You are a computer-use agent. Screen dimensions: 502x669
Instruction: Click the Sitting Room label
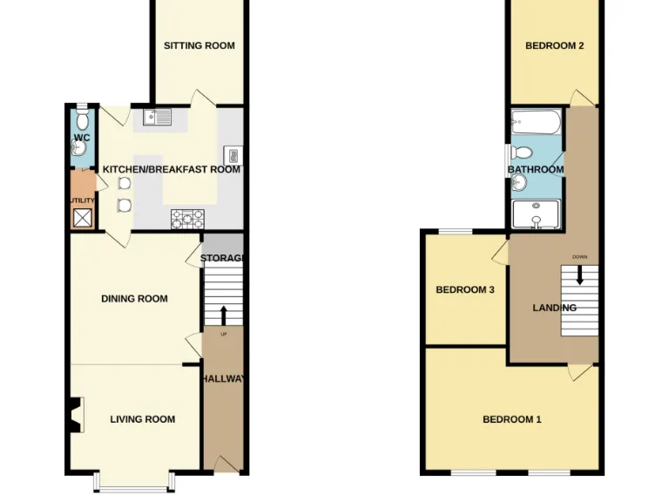coord(199,45)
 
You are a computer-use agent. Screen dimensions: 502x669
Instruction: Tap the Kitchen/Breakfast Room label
coord(172,169)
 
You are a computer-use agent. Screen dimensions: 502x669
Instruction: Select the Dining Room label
coord(134,299)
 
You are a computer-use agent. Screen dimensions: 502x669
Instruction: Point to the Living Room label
coord(143,419)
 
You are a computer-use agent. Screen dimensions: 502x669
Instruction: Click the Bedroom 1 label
coord(512,419)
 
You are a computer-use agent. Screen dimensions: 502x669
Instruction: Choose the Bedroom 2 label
coord(555,45)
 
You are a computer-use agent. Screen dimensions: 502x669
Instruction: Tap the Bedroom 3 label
coord(465,289)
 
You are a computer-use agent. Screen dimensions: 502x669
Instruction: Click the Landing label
coord(555,308)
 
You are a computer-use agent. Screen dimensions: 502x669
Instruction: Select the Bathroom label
coord(536,170)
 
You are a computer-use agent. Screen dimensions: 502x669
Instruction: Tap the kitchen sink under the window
coord(159,117)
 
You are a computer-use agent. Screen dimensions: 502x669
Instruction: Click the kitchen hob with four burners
coord(187,218)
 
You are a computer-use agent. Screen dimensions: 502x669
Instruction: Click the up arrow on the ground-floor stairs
coord(223,315)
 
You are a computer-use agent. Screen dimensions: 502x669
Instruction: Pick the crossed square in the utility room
coord(83,218)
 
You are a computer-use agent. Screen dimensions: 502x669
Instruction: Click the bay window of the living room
coord(135,482)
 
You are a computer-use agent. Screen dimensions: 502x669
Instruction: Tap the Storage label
coord(222,258)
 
